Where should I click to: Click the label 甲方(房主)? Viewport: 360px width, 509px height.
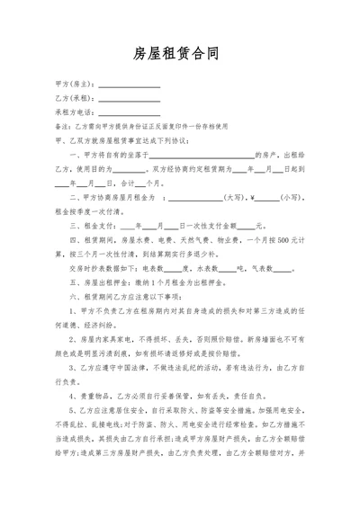[x=73, y=84]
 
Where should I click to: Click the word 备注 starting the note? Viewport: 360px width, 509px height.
[x=61, y=127]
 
